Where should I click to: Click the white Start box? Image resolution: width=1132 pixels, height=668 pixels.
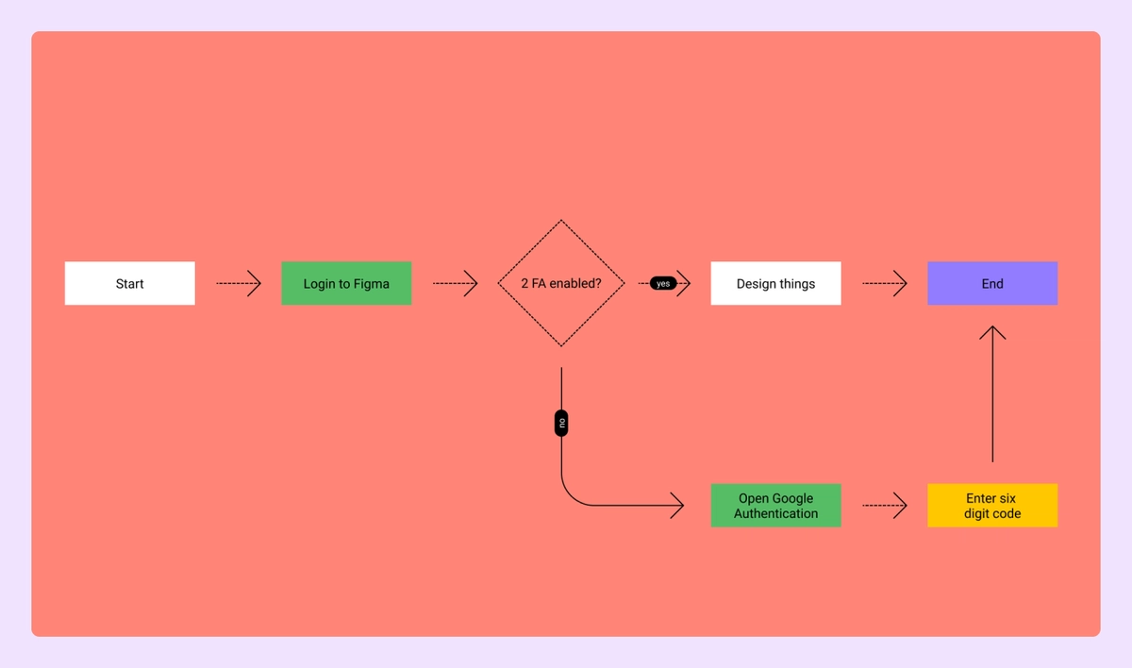click(130, 283)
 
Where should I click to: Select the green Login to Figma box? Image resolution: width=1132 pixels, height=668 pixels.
click(346, 283)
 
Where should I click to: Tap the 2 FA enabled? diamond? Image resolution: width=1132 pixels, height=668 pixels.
click(561, 283)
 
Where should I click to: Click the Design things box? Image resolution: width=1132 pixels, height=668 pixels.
click(775, 283)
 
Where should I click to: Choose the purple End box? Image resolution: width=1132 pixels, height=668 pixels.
click(992, 283)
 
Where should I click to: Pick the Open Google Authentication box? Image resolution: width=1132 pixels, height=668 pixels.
click(775, 506)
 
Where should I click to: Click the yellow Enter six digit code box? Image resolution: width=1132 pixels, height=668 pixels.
click(992, 506)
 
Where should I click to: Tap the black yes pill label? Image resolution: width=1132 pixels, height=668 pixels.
click(663, 283)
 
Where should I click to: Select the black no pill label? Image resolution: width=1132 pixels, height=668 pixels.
click(561, 424)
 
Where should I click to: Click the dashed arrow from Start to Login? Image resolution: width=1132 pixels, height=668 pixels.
click(238, 283)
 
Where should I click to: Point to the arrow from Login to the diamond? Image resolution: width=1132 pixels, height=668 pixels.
click(455, 283)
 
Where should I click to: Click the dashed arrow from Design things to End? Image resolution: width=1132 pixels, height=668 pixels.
click(884, 283)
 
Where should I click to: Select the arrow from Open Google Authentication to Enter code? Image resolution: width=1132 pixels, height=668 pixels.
click(884, 506)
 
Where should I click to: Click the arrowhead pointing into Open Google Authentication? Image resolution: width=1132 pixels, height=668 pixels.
click(676, 506)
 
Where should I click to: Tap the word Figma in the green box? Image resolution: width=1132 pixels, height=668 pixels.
click(370, 283)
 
